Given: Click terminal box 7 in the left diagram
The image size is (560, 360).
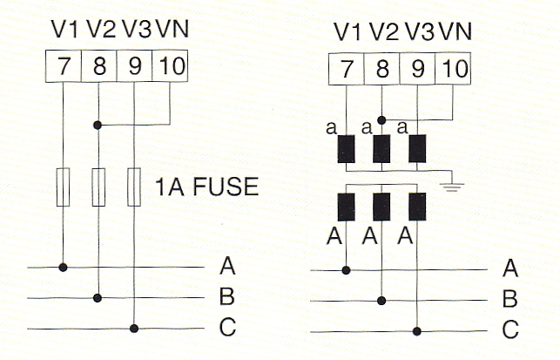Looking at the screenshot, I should pyautogui.click(x=64, y=67).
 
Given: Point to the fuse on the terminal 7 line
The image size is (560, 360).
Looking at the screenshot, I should pyautogui.click(x=64, y=187).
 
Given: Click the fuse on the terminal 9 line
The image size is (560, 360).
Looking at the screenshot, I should pyautogui.click(x=133, y=187).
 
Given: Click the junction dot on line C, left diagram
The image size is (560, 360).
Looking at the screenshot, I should pyautogui.click(x=133, y=329).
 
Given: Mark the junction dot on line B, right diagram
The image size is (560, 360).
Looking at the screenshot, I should pyautogui.click(x=381, y=301).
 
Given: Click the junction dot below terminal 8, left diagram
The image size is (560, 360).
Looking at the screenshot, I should pyautogui.click(x=98, y=126).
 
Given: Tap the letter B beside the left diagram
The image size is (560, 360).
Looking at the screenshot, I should pyautogui.click(x=226, y=298).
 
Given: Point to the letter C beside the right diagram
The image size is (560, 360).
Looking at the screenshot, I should pyautogui.click(x=510, y=331).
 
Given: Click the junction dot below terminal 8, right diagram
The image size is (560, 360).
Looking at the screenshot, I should pyautogui.click(x=381, y=119).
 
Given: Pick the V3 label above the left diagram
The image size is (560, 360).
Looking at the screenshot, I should pyautogui.click(x=136, y=30).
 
